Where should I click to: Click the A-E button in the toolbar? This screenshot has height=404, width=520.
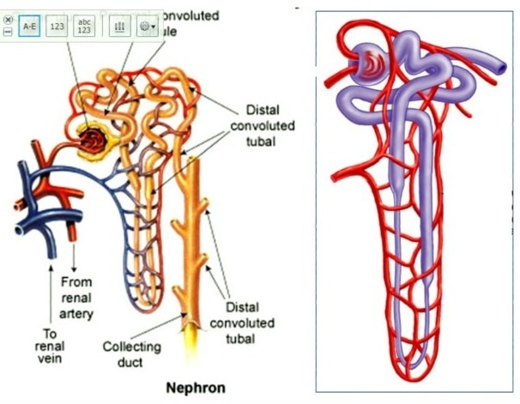pos(29,26)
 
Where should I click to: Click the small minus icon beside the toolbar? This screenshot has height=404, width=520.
pos(8,31)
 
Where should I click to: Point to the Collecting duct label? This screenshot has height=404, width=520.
pos(131,355)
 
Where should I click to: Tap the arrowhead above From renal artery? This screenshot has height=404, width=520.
pos(76,250)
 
